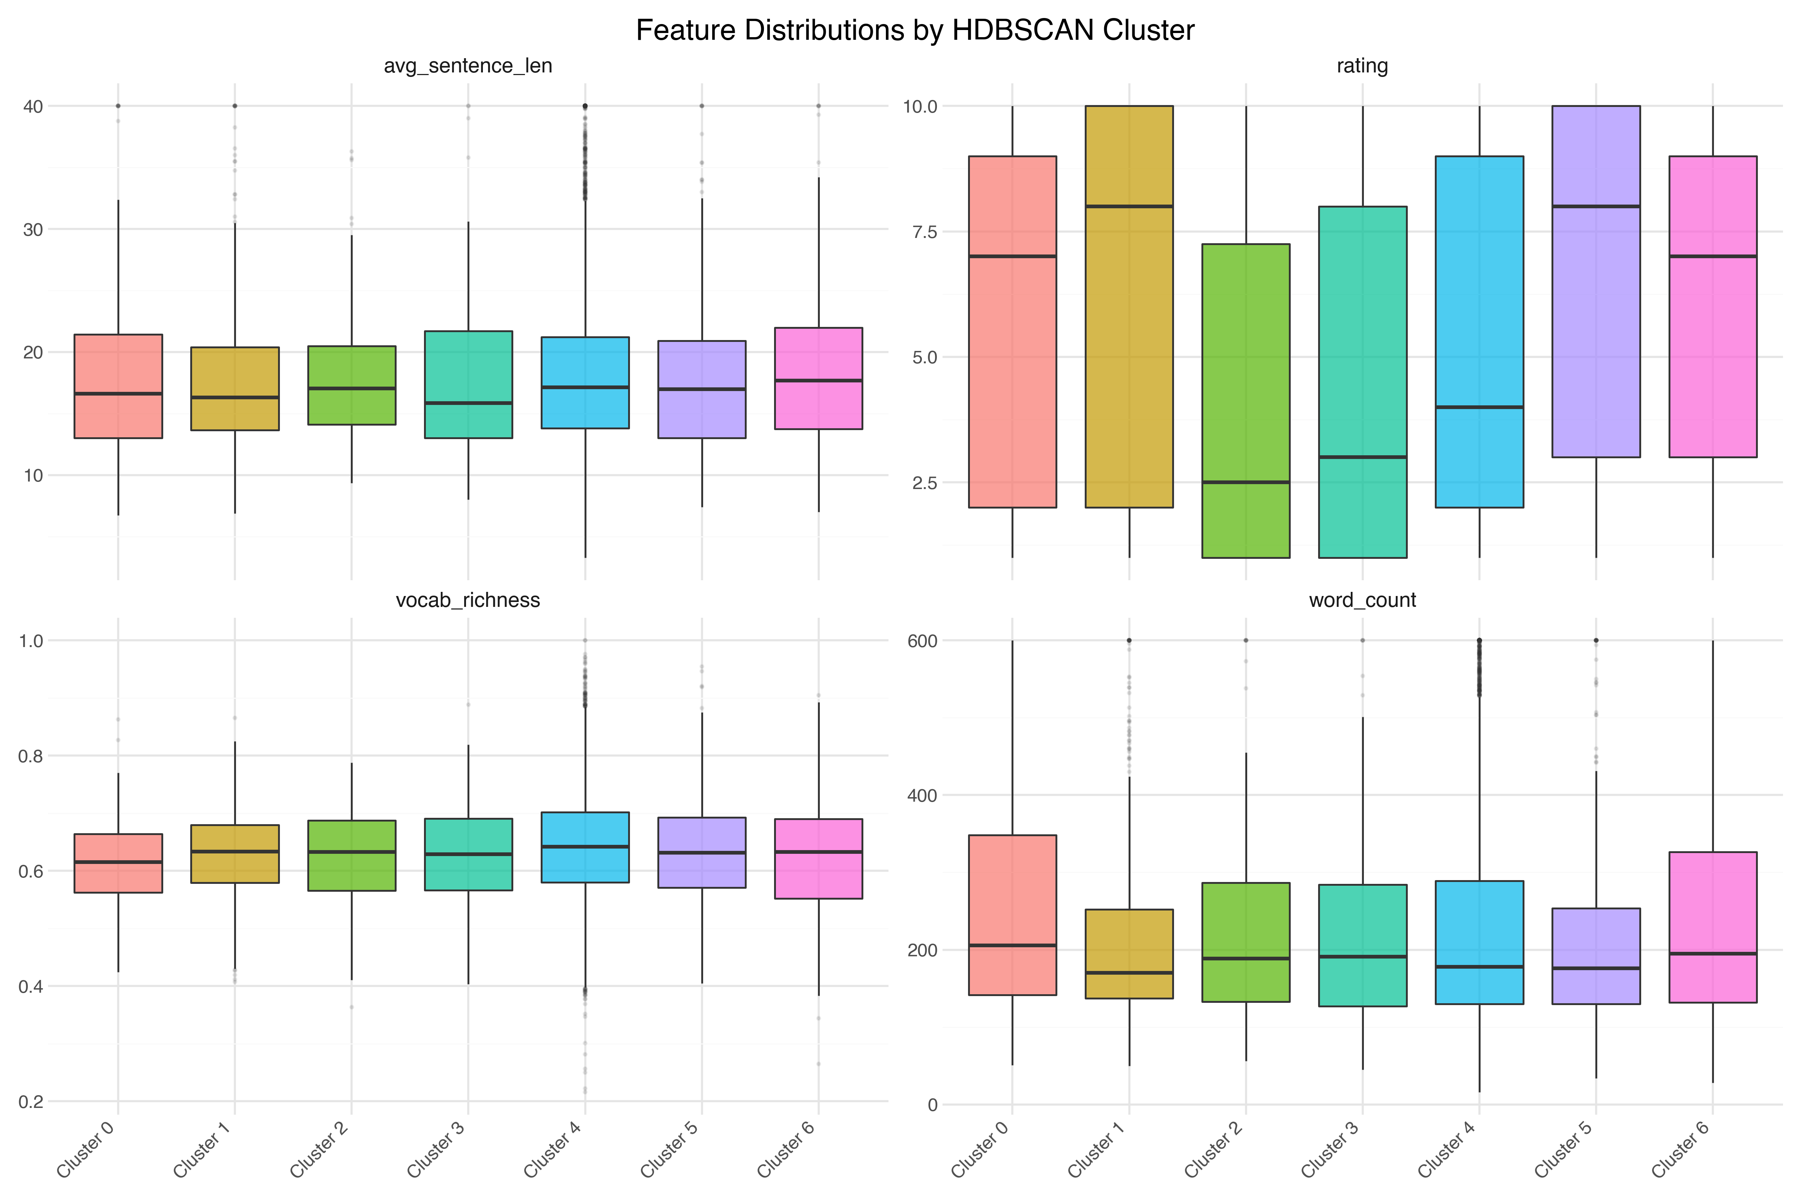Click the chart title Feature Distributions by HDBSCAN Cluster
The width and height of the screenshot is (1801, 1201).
pos(915,31)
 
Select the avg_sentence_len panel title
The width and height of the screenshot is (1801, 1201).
pos(468,66)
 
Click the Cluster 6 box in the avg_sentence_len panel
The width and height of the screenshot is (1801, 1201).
pos(819,378)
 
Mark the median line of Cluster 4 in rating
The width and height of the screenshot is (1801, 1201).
pos(1479,408)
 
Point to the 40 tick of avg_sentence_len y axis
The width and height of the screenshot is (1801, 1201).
pos(32,107)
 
